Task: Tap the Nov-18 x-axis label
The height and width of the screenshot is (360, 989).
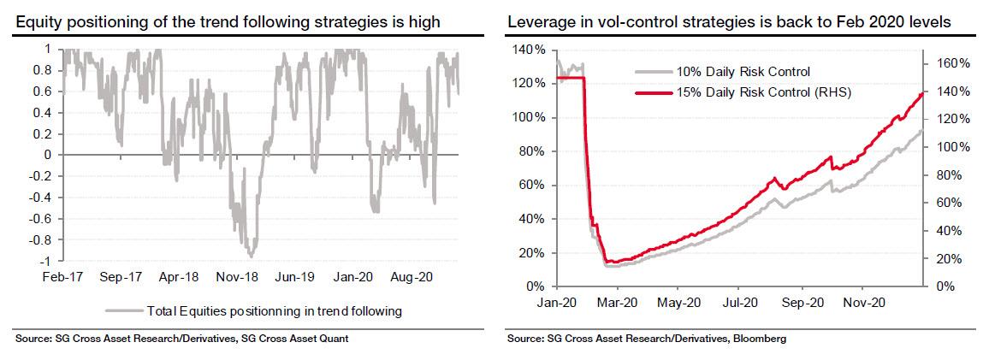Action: coord(231,279)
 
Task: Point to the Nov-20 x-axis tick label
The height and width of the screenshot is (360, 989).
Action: coord(862,302)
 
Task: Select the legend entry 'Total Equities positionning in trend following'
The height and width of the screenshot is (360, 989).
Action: coord(275,311)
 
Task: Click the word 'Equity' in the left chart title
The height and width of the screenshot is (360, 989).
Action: coord(37,22)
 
